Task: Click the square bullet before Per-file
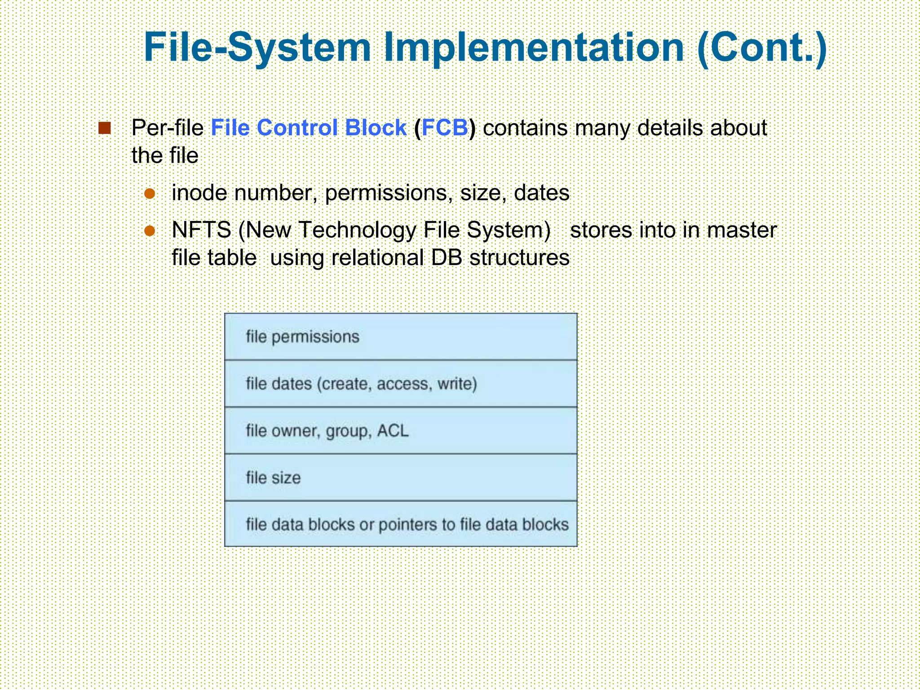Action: point(105,128)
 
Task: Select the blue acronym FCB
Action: point(445,128)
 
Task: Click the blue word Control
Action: point(297,128)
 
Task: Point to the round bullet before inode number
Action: point(150,194)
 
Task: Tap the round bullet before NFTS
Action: point(150,231)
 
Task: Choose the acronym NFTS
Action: point(202,230)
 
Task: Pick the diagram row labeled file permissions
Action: point(401,337)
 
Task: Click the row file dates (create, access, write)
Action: point(401,384)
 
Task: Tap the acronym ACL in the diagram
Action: point(393,431)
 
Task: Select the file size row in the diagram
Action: point(401,478)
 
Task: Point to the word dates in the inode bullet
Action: point(541,194)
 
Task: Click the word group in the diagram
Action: point(348,431)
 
